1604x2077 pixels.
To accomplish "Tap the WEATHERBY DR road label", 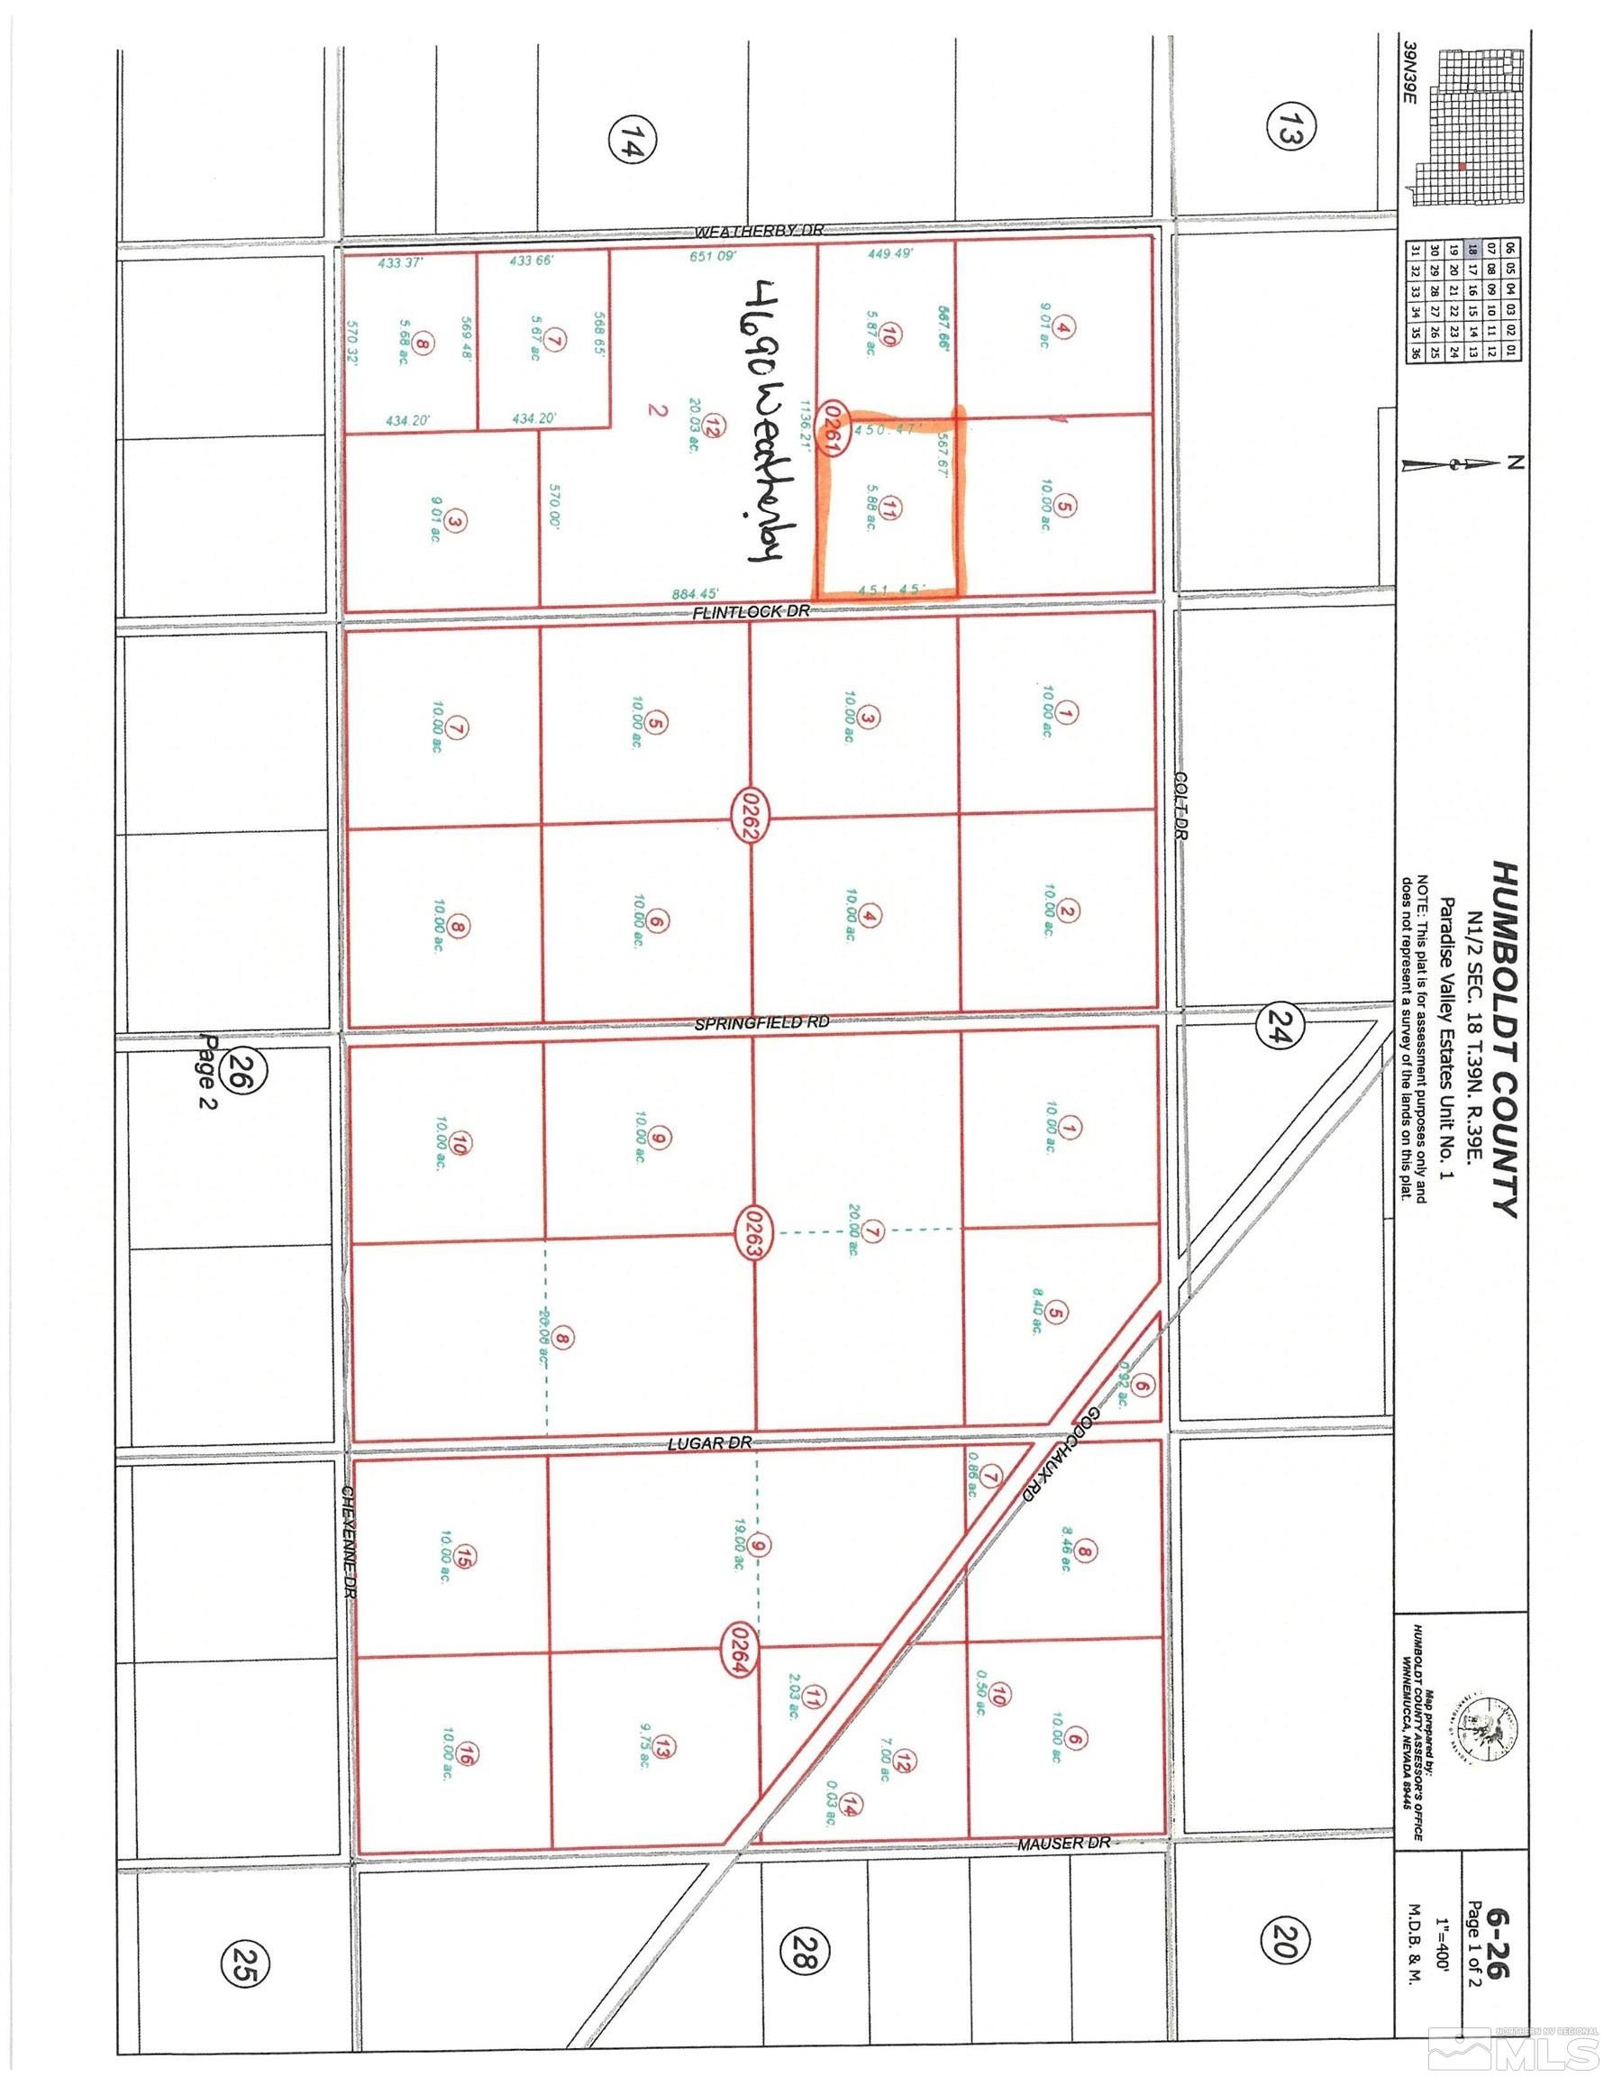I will (757, 230).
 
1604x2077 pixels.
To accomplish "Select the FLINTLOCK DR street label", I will (752, 612).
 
